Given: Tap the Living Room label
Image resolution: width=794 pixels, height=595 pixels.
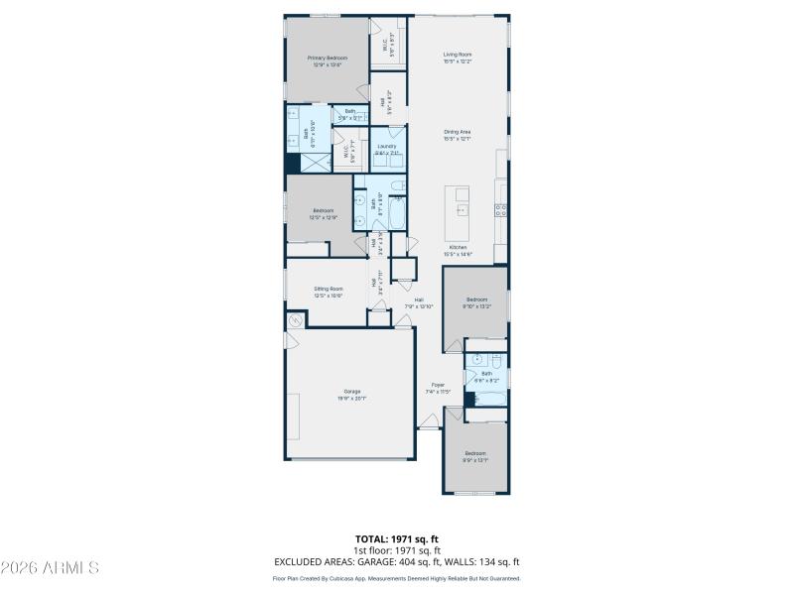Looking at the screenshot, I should coord(457,58).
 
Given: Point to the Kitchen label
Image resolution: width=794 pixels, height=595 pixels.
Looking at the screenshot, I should coord(458,250).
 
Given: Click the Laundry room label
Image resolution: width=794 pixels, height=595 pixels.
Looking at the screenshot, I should coord(387,150).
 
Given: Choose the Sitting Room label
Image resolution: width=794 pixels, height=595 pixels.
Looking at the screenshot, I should coord(328,292).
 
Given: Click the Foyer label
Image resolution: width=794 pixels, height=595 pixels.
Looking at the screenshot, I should coord(438,388).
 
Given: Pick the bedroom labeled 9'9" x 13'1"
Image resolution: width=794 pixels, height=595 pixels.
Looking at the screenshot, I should coord(476,456).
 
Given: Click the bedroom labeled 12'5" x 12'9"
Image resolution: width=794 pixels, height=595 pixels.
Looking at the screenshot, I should coord(325,213).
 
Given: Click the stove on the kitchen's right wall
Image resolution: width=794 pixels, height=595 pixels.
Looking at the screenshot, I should coord(502,210).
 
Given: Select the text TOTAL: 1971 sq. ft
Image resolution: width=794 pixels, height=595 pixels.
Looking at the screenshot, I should coord(397,538).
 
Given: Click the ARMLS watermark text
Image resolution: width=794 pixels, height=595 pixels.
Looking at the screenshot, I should coord(50,567).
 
